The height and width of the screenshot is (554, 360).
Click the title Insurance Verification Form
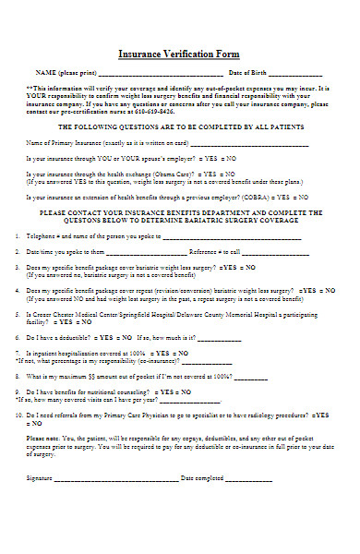[180, 54]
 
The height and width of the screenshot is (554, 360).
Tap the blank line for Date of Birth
[295, 73]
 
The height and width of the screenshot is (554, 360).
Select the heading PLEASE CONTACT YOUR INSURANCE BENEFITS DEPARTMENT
[180, 213]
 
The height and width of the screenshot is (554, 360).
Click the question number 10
[19, 415]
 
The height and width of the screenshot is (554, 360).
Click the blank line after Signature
[115, 478]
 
